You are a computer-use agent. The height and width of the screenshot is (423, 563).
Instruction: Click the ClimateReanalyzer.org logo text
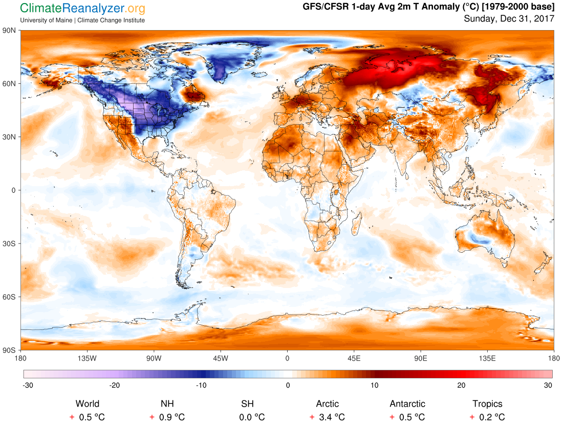[82, 9]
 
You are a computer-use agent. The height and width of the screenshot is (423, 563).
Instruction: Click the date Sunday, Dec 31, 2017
[509, 19]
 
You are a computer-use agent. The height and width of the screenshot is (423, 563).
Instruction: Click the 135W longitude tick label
[87, 358]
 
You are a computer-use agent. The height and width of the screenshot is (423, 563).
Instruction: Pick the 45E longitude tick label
[354, 358]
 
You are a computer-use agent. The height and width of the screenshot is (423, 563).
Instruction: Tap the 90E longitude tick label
[421, 358]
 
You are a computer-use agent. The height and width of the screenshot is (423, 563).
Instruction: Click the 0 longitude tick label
[287, 358]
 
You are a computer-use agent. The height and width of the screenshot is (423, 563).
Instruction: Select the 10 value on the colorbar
[375, 385]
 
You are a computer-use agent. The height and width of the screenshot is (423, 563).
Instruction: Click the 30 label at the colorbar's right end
[548, 385]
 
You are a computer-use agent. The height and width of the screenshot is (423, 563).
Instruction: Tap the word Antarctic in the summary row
[407, 404]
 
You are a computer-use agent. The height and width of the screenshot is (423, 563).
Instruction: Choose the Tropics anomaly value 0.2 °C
[492, 417]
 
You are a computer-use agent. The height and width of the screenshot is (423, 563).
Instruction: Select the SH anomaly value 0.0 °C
[253, 417]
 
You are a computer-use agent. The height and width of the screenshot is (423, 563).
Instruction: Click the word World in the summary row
[88, 404]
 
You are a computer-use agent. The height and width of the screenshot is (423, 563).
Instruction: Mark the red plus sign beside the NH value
[152, 417]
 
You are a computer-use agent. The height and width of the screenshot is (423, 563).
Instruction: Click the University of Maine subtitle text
[82, 20]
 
